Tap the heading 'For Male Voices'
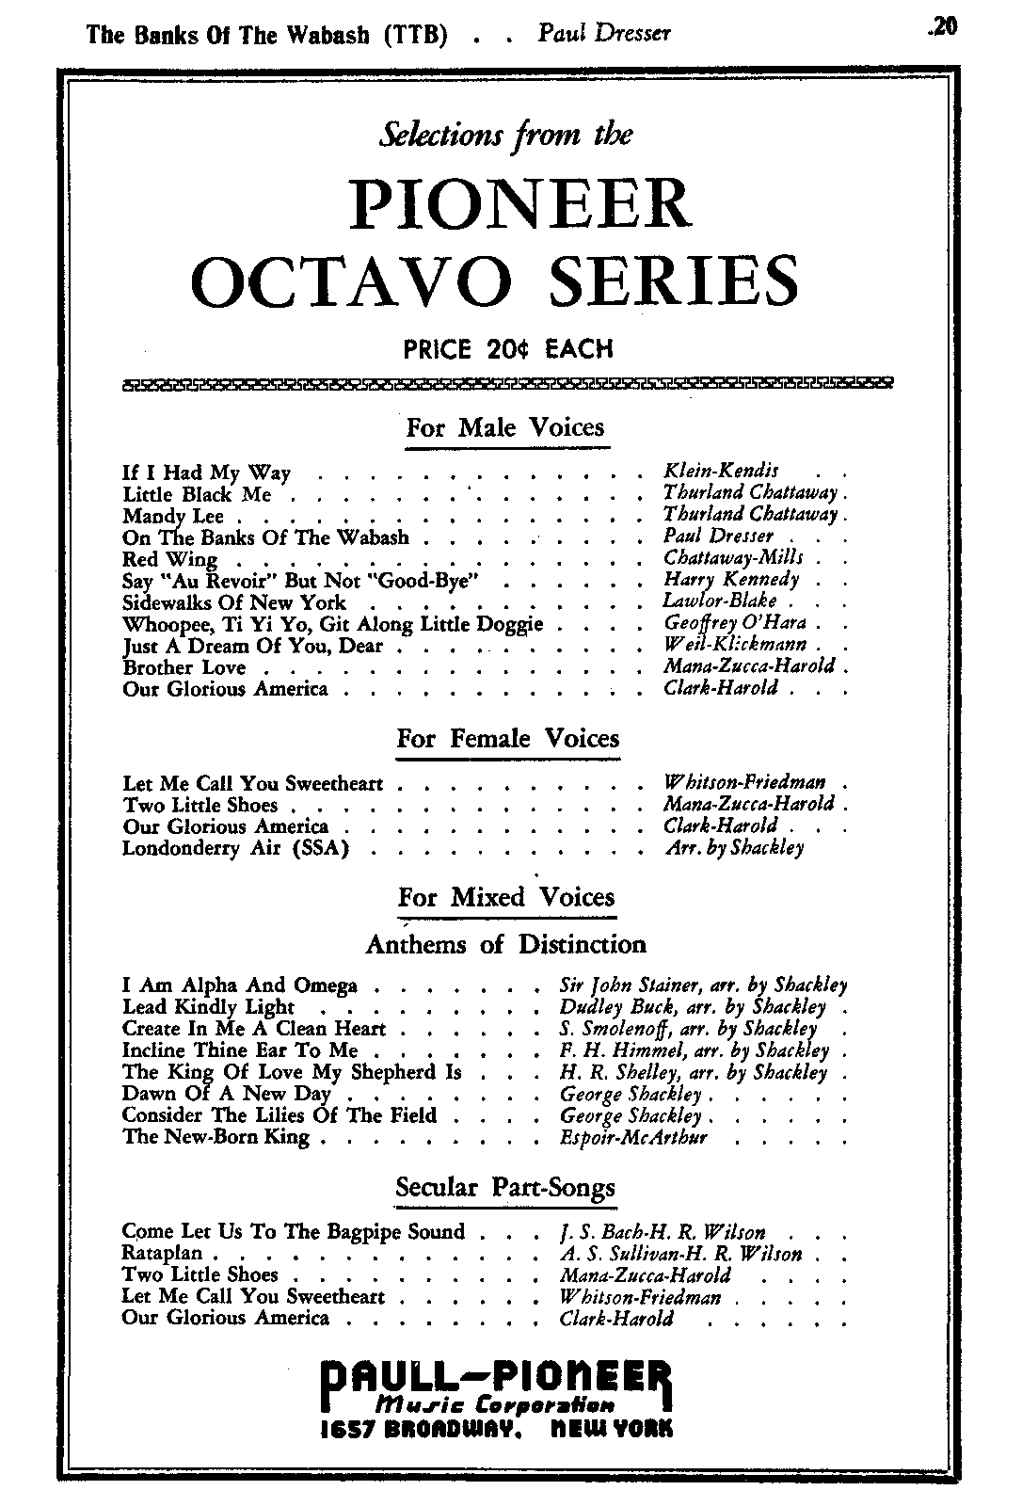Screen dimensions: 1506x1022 [504, 428]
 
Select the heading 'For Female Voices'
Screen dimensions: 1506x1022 [507, 739]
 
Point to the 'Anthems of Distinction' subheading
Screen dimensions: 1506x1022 [505, 944]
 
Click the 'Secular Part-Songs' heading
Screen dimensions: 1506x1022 [505, 1188]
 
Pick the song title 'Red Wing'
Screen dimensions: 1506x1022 [169, 559]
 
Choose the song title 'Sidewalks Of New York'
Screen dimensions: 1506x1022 [234, 602]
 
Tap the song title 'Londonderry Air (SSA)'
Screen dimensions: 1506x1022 [236, 848]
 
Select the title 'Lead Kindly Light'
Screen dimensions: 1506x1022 [208, 1007]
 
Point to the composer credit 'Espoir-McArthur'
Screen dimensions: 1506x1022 [632, 1137]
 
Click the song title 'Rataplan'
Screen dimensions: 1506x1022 [164, 1254]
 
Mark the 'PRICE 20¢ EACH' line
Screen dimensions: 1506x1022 [508, 349]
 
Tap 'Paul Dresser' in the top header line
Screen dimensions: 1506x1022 [604, 34]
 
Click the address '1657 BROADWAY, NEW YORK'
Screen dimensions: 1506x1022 [496, 1429]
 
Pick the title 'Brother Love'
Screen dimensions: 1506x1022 [184, 667]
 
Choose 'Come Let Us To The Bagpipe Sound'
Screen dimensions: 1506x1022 [294, 1232]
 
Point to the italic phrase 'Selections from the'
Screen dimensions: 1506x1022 [505, 135]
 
